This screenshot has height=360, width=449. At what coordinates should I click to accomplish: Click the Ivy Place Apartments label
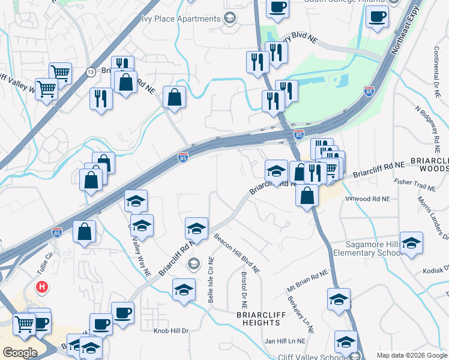point(181,19)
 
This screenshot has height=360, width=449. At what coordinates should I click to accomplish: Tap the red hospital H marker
point(42,287)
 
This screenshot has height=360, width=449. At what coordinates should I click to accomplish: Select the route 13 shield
point(91,72)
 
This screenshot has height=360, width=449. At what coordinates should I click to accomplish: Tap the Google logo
point(20,352)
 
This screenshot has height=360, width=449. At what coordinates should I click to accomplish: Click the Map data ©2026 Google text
point(411,355)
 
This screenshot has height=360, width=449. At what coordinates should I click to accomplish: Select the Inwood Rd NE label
point(369,199)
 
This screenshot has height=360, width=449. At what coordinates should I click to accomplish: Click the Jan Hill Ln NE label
point(285,341)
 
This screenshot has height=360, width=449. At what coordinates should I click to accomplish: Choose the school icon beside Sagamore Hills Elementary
point(412,244)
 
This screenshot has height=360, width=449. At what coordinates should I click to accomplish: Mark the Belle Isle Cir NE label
point(211,280)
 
